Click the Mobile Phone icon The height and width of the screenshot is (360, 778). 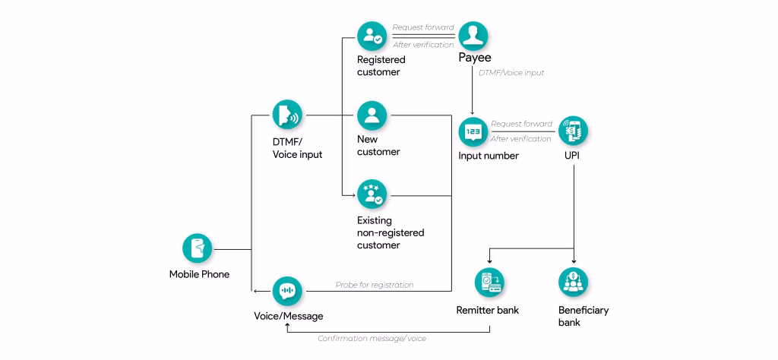[198, 248]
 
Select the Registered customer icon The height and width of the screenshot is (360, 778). [372, 36]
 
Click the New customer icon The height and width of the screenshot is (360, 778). [372, 115]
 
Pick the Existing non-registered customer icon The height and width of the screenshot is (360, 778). [372, 194]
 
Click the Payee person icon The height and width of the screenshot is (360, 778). [473, 36]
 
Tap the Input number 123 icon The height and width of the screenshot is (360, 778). [473, 131]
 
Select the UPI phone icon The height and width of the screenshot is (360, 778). [573, 131]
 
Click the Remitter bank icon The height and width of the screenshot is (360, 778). [489, 282]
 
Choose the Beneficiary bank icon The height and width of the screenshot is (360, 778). [573, 282]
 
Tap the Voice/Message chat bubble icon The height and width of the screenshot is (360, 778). [287, 291]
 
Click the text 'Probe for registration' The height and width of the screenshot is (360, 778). [375, 285]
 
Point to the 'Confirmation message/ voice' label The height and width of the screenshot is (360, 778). [372, 339]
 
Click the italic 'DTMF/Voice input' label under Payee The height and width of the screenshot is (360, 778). [511, 73]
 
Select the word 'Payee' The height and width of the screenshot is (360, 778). [474, 58]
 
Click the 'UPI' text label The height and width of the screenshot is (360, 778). [573, 156]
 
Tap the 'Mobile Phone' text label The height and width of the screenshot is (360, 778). [199, 274]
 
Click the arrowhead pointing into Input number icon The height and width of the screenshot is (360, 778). [473, 114]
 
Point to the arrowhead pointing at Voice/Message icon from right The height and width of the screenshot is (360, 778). [256, 291]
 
